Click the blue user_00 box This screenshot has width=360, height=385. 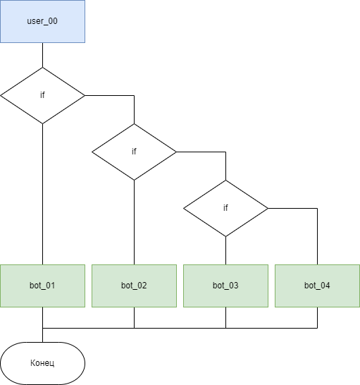pos(42,21)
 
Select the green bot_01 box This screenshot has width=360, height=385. pos(42,286)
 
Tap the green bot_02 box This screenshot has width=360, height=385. pos(134,286)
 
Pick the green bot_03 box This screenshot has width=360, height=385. pos(225,286)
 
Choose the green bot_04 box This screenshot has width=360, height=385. pos(317,286)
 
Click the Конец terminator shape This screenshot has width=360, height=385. pos(42,363)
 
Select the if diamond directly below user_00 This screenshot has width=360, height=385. pos(42,95)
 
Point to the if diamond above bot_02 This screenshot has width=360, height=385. pos(134,152)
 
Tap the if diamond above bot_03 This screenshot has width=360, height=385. pos(225,209)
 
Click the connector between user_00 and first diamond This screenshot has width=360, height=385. pos(42,55)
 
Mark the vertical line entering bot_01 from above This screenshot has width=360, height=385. pos(42,194)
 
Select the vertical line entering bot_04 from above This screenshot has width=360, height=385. pos(317,236)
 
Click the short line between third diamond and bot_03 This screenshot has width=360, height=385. pos(225,250)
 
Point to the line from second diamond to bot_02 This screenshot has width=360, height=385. pos(134,222)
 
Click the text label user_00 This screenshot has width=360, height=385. pos(42,21)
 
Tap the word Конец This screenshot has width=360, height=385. pos(42,363)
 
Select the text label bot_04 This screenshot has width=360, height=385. pos(317,286)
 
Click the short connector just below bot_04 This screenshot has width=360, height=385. pos(317,317)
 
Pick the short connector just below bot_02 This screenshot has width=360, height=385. pos(134,317)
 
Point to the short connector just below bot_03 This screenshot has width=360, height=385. pos(225,317)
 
